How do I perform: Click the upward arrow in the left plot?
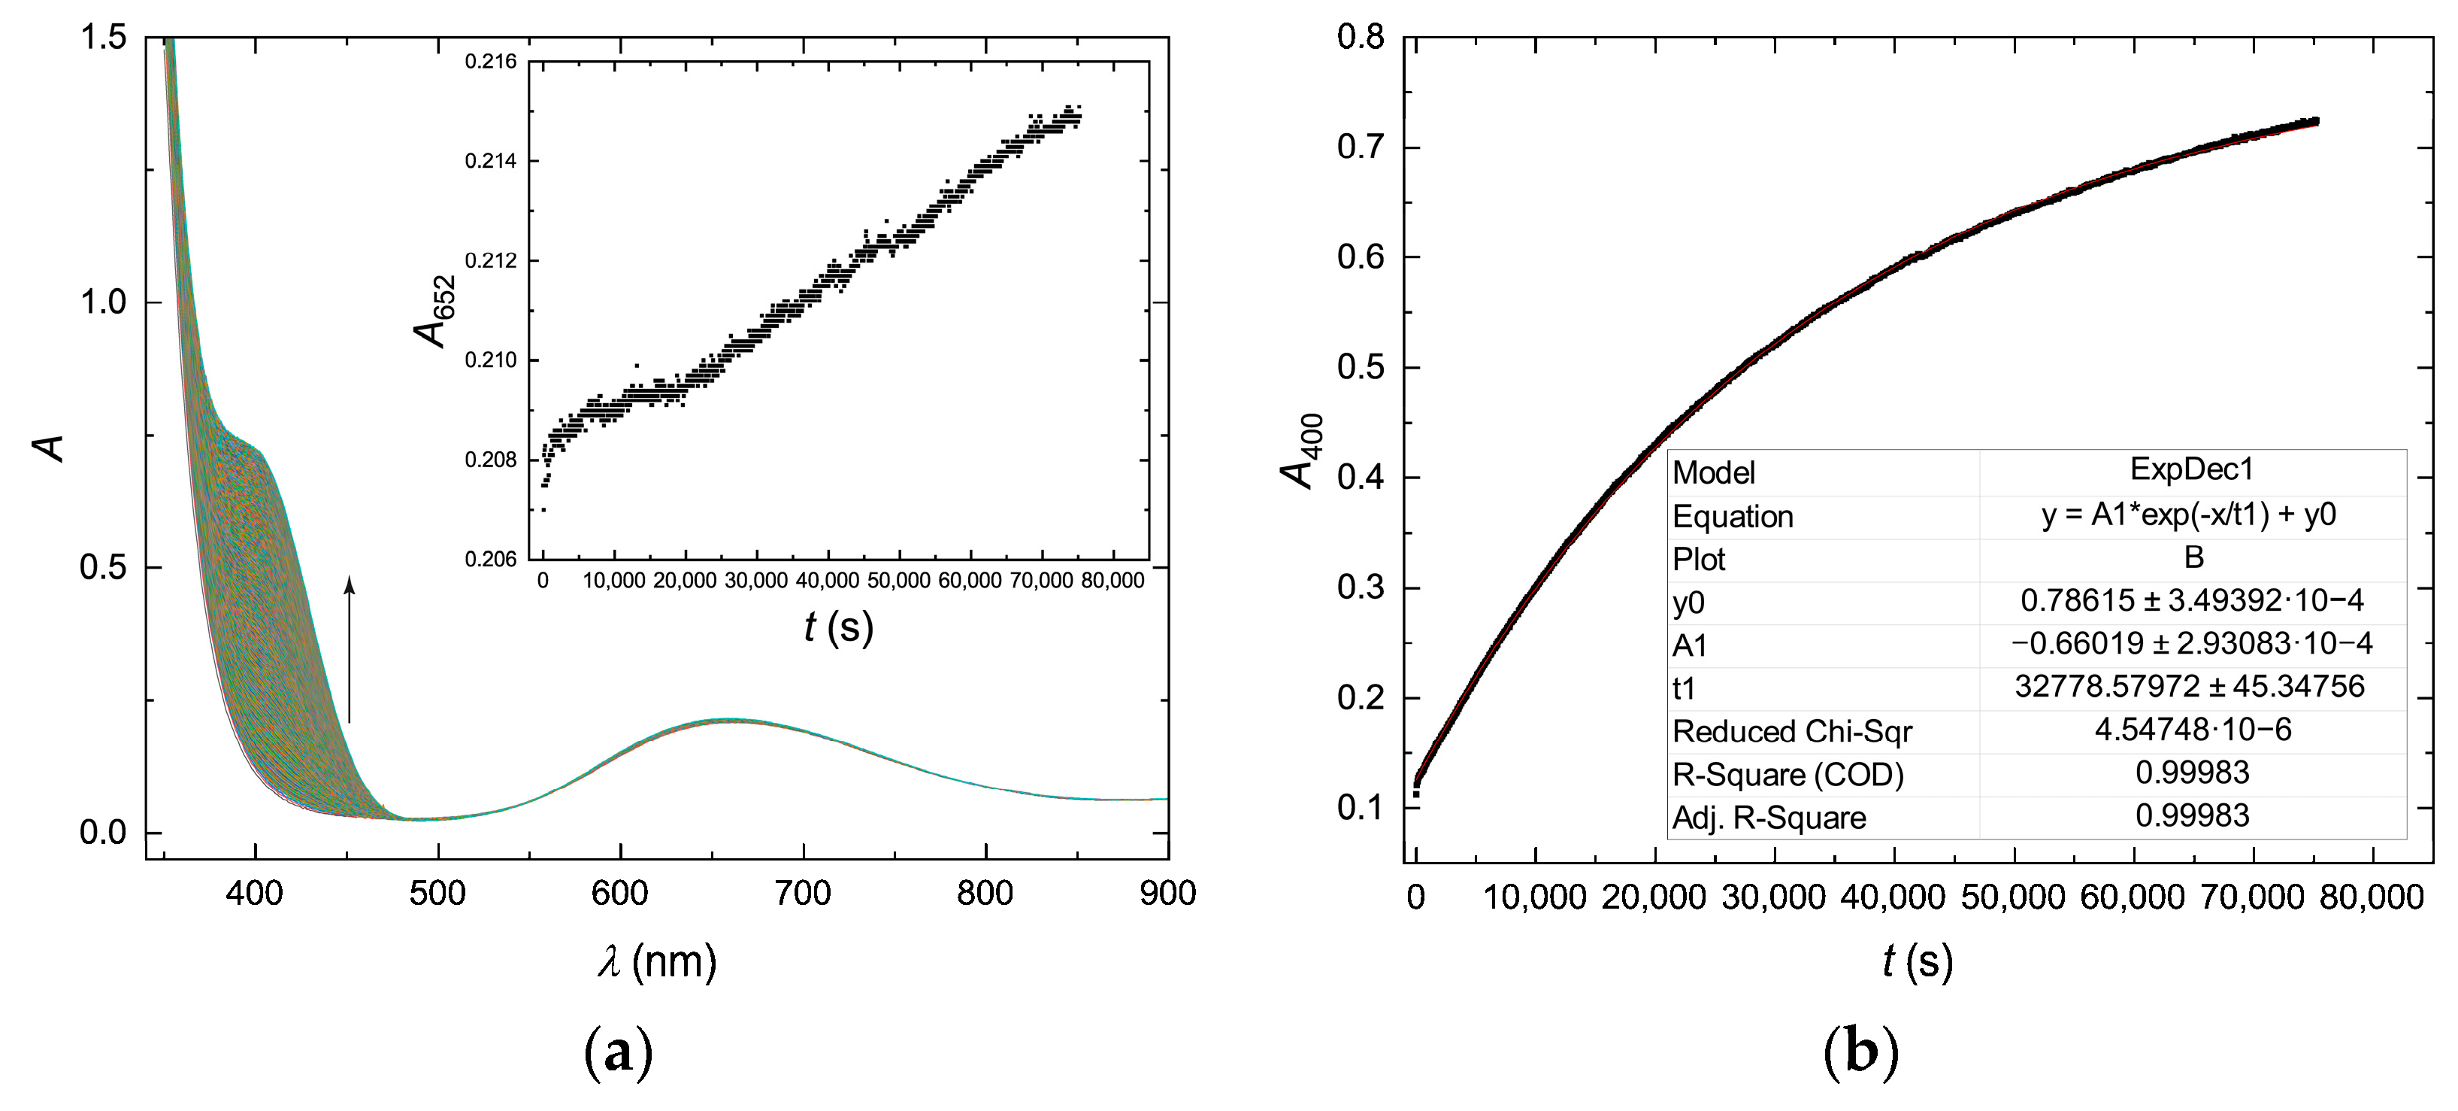pos(350,649)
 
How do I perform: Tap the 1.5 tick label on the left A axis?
pos(102,38)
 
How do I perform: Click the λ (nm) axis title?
pos(656,961)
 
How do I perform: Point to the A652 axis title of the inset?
pos(435,311)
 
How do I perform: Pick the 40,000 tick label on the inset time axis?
pos(828,581)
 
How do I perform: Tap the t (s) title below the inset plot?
pos(839,627)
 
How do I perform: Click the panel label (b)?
pos(1860,1053)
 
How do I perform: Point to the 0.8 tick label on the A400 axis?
pos(1360,38)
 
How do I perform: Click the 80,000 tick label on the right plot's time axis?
pos(2370,897)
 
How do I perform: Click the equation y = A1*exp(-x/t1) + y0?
pos(2189,515)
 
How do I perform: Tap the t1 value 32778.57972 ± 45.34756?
pos(2189,686)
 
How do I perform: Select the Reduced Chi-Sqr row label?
pos(1791,731)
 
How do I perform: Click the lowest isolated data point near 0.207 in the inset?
pos(543,510)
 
